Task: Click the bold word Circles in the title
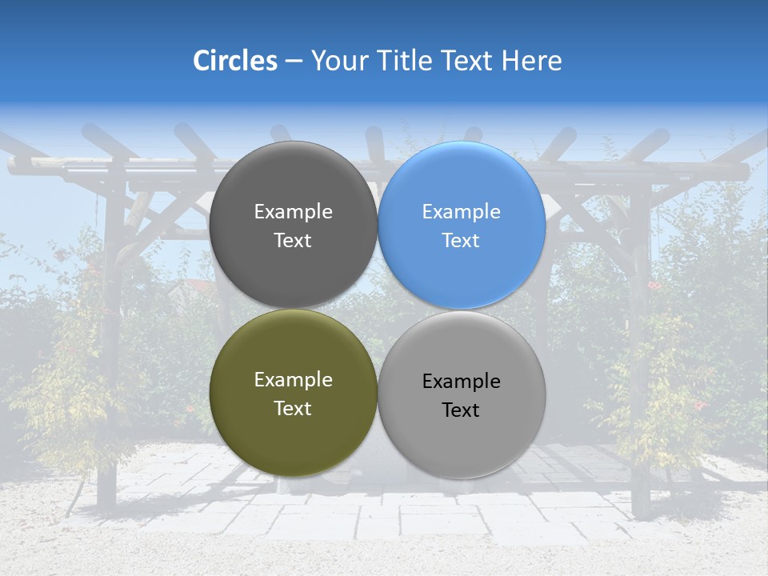tap(235, 61)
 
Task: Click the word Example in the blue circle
tap(461, 212)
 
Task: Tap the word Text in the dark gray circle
tap(293, 241)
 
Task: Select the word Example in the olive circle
tap(293, 380)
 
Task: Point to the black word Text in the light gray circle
tap(461, 410)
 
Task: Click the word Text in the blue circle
tap(461, 241)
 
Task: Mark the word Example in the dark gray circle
tap(293, 212)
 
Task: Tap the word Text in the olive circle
tap(293, 409)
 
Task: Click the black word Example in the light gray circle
tap(461, 382)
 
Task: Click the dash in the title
tap(294, 62)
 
